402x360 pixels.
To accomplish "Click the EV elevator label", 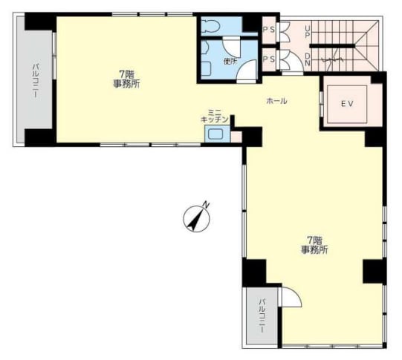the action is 347,104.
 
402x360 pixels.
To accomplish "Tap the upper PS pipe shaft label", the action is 269,30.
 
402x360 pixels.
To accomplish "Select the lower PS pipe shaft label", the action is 269,59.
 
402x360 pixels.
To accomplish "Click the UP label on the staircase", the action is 307,32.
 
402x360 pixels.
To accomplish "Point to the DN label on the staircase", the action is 307,59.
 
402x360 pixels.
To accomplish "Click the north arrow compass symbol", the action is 197,219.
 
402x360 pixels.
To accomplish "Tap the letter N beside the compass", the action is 207,204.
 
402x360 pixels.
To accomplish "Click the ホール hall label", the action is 276,101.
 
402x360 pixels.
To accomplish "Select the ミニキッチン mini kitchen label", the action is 214,116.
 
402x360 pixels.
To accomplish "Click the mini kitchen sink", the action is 215,134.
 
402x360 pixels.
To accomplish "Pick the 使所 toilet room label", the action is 230,62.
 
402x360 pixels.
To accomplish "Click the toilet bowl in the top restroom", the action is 211,26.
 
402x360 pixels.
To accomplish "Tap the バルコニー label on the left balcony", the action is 36,81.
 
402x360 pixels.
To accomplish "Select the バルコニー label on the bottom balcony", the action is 262,315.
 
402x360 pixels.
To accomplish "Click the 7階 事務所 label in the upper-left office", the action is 126,79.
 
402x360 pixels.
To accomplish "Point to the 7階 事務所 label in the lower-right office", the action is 314,245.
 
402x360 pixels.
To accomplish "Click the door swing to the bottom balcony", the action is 291,297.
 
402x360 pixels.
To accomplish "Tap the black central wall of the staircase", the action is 332,46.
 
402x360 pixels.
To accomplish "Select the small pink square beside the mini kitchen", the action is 236,137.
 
